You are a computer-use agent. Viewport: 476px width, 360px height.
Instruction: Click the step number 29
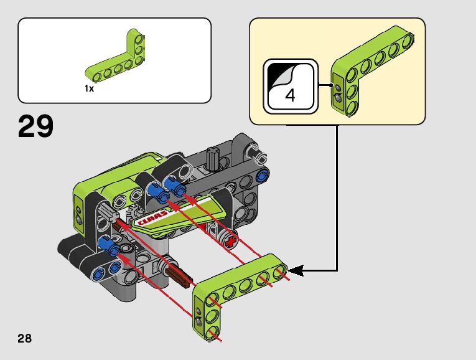[x=36, y=126]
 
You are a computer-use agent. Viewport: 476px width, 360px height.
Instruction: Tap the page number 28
[x=25, y=338]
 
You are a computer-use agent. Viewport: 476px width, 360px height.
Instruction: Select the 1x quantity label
[x=89, y=88]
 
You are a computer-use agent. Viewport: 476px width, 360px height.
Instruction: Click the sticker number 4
[x=290, y=95]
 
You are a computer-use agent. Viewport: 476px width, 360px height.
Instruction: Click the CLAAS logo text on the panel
[x=152, y=217]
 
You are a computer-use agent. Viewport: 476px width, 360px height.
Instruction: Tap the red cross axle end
[x=231, y=242]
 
